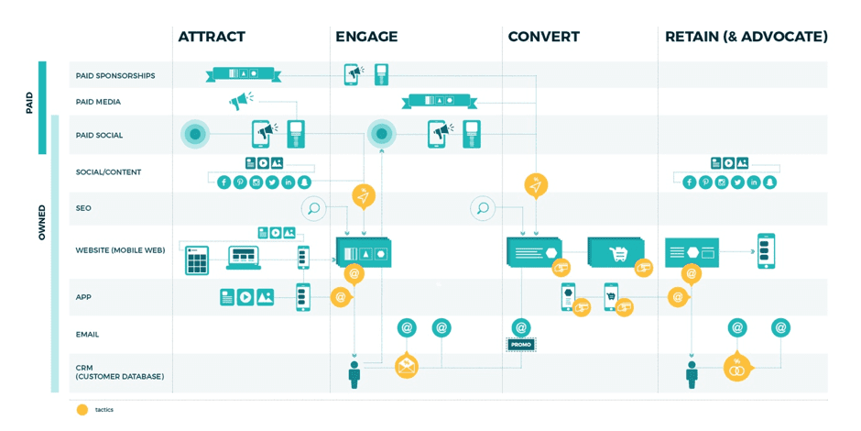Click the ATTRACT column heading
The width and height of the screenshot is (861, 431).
pos(212,37)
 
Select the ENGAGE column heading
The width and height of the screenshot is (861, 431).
pos(366,37)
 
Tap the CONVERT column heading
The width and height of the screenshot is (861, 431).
pos(543,37)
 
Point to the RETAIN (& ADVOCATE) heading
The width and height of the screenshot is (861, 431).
pos(746,37)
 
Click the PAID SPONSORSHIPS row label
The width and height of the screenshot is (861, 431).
pos(115,76)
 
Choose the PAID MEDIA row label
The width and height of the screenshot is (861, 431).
pos(98,102)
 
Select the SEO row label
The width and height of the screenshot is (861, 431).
pos(83,208)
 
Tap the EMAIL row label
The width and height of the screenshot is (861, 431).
pos(87,335)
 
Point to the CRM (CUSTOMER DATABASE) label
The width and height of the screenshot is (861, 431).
pos(107,372)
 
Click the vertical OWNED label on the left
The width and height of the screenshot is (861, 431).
pos(41,223)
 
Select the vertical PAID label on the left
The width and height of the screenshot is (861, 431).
pos(29,102)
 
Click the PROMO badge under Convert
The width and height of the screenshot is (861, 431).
pos(521,345)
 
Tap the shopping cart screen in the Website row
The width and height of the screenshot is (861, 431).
pos(616,252)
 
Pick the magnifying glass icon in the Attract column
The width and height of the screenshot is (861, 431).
pos(313,209)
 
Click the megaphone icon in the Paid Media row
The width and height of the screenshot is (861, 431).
pos(241,101)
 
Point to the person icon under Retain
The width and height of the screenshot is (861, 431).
pos(692,374)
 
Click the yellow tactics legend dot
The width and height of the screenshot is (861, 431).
pos(82,410)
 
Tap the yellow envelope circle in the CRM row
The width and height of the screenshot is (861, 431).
pos(407,367)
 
